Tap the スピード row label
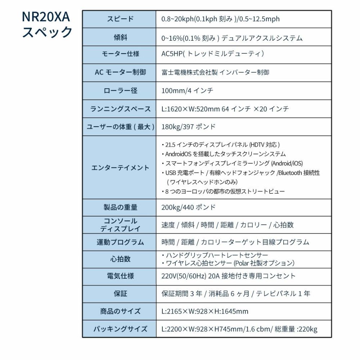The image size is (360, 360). click(x=120, y=19)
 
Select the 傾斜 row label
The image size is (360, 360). click(x=120, y=37)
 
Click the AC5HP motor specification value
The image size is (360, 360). click(x=213, y=54)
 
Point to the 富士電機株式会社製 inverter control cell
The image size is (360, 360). click(x=215, y=72)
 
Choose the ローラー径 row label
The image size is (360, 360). click(x=120, y=90)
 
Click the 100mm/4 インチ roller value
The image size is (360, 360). click(x=187, y=90)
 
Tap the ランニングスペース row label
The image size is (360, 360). click(x=120, y=108)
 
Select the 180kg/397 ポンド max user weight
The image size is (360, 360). click(x=188, y=126)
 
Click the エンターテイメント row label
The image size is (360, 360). click(x=120, y=167)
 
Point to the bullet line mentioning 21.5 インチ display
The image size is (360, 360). click(x=220, y=145)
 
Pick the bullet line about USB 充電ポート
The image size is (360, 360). click(x=240, y=173)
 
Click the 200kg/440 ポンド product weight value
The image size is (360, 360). click(x=188, y=207)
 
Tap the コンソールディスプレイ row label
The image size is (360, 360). click(x=120, y=225)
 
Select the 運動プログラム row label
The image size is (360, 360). click(x=120, y=242)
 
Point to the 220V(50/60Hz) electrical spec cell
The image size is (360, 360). click(x=228, y=276)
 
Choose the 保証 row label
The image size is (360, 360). click(x=120, y=293)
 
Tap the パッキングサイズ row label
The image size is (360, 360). click(x=120, y=329)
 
